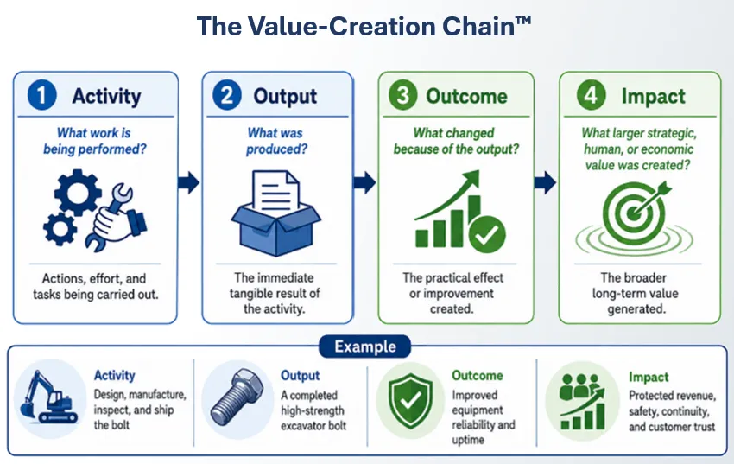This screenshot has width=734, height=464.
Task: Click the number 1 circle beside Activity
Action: [x=42, y=95]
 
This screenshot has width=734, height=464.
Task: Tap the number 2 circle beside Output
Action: [x=227, y=95]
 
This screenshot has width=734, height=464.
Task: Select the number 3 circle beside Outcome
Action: [x=402, y=95]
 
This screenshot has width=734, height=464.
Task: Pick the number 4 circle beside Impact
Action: [x=592, y=95]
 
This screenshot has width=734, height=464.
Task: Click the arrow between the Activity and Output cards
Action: [x=188, y=182]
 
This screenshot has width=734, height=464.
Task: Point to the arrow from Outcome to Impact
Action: [x=545, y=182]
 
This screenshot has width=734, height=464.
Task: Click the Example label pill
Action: [x=364, y=347]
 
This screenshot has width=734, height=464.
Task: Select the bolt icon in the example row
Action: [x=237, y=397]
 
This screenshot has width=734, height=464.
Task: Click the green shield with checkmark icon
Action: [x=410, y=400]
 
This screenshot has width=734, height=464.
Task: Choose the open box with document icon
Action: [x=276, y=213]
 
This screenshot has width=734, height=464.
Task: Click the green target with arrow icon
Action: [x=635, y=218]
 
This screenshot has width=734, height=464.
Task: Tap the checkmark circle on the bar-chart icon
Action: [x=487, y=234]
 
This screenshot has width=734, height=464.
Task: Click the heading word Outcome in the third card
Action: [x=466, y=97]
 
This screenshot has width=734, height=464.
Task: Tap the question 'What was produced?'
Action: [x=276, y=141]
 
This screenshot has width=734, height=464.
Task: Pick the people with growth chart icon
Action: [x=583, y=402]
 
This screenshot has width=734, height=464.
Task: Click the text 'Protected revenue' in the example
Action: [x=672, y=396]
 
